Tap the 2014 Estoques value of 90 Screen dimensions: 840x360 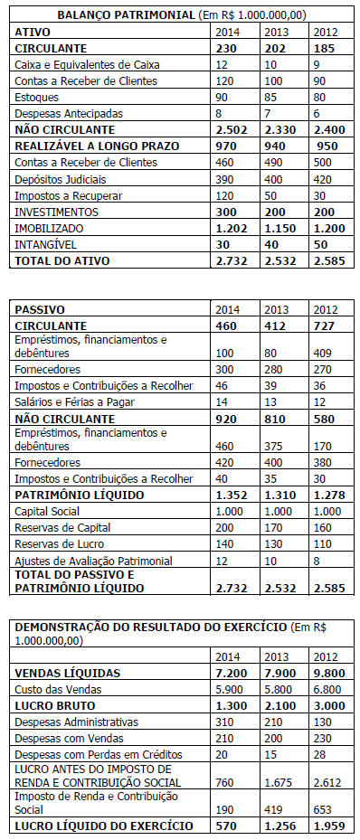tap(223, 98)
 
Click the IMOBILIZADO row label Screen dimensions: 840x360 tap(50, 228)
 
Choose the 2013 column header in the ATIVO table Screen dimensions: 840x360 tap(275, 32)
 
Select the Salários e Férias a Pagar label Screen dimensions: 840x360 tap(71, 401)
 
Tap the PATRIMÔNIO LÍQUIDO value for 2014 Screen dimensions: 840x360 tap(232, 495)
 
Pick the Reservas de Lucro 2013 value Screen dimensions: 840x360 tap(274, 543)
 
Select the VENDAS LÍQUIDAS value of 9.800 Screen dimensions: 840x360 tap(328, 673)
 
